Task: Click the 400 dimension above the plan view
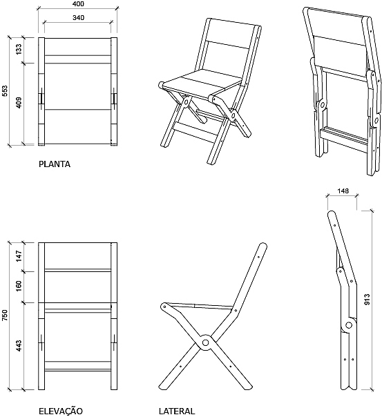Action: coord(78,3)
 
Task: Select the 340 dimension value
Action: coord(78,18)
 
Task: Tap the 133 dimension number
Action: coord(19,50)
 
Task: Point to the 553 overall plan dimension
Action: coord(5,90)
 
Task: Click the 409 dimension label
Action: coord(19,103)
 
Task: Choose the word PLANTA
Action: coord(55,164)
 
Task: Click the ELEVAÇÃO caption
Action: coord(61,411)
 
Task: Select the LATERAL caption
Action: coord(177,411)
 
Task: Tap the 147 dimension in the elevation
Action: coord(19,256)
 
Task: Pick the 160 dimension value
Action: coord(19,286)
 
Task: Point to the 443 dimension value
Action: coord(19,345)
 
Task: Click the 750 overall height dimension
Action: coord(5,315)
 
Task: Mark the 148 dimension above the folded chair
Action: coord(343,191)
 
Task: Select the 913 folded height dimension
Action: coord(367,300)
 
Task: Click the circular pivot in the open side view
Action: coord(205,342)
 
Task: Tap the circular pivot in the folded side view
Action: coord(348,325)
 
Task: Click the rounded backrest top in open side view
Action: coord(262,246)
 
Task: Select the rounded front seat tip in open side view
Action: coord(164,306)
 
